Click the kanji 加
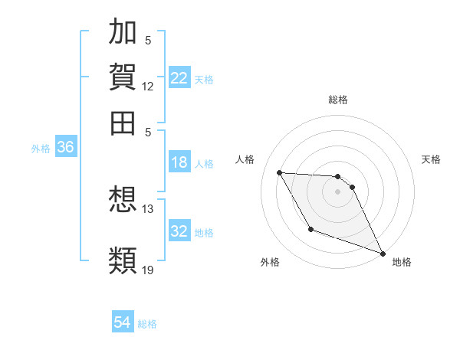pos(123,33)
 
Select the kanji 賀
pos(123,77)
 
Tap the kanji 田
pos(123,122)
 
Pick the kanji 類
pos(123,259)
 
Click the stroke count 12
pos(148,86)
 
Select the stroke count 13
pos(148,208)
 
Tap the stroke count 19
pos(148,269)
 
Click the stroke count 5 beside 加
pos(148,41)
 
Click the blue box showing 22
pos(179,78)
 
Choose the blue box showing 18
pos(179,162)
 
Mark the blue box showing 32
pos(179,231)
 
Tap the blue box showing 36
pos(65,148)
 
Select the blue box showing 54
pos(123,322)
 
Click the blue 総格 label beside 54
pos(147,324)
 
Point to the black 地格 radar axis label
pos(402,262)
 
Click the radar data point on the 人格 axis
pos(279,172)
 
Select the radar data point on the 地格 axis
pos(383,254)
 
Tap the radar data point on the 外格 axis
pos(310,229)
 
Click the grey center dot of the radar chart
pos(337,191)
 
